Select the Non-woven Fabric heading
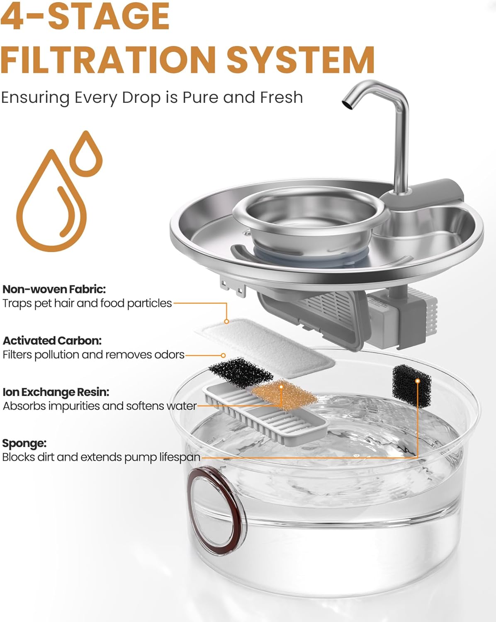click(54, 289)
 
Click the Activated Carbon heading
click(52, 340)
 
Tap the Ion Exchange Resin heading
click(56, 392)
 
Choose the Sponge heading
click(24, 443)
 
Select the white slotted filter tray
click(265, 415)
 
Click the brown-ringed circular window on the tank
click(215, 510)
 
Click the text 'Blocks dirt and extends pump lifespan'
click(101, 457)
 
